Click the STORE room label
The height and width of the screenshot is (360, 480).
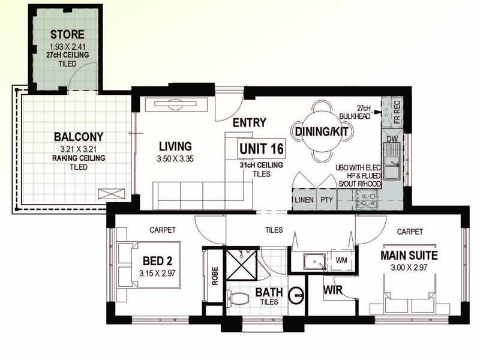67,34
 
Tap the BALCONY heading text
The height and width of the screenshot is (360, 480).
79,137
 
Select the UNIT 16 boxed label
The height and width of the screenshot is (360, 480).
262,149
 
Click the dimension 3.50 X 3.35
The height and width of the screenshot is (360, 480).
175,159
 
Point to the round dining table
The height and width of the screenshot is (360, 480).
322,132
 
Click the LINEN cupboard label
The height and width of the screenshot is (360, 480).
304,200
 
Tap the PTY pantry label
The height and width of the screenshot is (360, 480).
326,200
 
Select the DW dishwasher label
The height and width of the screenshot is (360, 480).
392,139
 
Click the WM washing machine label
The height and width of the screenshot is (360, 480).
341,260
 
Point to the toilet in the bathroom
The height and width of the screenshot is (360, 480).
238,298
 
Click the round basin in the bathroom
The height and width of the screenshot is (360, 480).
296,295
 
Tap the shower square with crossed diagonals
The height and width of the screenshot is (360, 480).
241,264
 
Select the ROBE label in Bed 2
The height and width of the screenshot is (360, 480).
215,276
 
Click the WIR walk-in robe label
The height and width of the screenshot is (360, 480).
333,290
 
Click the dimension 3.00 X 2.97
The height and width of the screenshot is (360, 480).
409,268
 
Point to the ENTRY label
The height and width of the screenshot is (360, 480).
250,123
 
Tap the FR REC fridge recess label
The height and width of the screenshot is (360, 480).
397,112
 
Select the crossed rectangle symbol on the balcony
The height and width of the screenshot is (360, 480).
112,194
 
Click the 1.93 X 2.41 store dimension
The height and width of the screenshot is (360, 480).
68,47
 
